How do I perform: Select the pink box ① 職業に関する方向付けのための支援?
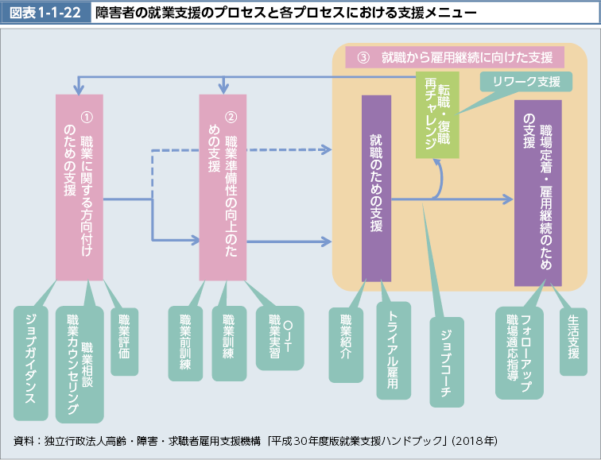(79, 187)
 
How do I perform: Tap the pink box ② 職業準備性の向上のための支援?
(223, 187)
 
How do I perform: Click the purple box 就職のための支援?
(376, 188)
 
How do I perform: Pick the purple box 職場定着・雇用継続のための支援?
(537, 193)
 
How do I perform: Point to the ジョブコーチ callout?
(445, 361)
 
